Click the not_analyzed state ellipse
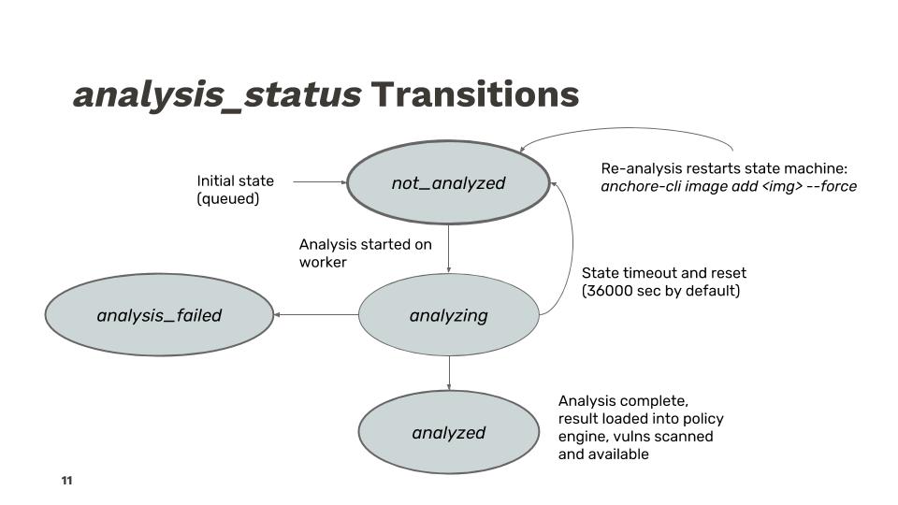point(448,182)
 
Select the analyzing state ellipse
point(448,315)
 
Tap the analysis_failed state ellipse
point(159,315)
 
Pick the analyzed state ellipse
point(448,432)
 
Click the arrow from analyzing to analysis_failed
point(316,314)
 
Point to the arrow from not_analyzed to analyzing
point(448,249)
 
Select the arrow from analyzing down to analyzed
point(448,373)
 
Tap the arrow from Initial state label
point(320,182)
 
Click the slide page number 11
point(66,481)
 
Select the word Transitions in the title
point(475,94)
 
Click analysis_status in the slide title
point(217,95)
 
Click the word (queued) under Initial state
point(228,198)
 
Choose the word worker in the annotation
point(323,262)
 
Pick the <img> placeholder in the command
point(782,187)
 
